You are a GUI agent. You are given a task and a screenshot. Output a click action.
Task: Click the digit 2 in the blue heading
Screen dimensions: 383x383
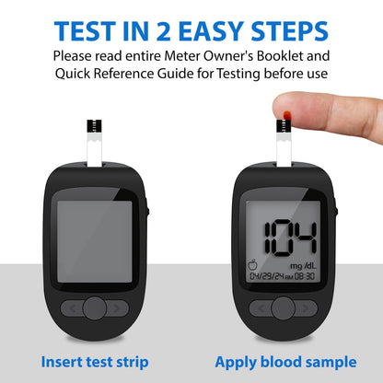[x=163, y=31]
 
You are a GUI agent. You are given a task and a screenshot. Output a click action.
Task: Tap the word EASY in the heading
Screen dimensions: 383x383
[x=211, y=31]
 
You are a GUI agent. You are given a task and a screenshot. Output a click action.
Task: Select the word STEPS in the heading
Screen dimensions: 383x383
[x=289, y=31]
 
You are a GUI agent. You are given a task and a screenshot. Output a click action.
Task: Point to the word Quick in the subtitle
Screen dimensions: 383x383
[x=73, y=74]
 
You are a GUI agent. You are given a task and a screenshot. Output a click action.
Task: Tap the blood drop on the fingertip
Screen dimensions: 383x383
[x=286, y=115]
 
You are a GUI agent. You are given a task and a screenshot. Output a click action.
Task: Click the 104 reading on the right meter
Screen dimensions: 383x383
[x=290, y=238]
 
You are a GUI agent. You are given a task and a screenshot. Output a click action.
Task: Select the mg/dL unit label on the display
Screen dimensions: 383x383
[x=303, y=266]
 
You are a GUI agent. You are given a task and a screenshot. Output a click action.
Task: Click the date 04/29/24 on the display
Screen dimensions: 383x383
[x=267, y=276]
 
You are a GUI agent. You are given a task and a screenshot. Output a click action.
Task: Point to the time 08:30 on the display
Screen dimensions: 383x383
[x=305, y=276]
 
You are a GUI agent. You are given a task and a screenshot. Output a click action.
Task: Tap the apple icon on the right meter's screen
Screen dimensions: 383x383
[x=253, y=264]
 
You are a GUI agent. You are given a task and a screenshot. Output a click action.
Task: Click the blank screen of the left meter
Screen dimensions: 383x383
[x=95, y=241]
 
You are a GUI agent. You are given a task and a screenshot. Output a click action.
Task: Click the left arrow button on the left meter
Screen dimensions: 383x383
[x=73, y=308]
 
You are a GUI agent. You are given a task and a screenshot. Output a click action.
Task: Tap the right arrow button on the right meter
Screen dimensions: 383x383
[x=306, y=308]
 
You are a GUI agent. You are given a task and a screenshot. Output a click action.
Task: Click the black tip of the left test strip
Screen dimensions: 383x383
[x=94, y=126]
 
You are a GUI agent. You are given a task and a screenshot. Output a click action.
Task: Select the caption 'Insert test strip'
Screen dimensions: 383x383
[x=95, y=362]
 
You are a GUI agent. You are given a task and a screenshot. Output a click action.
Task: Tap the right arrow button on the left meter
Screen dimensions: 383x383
[x=117, y=308]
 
